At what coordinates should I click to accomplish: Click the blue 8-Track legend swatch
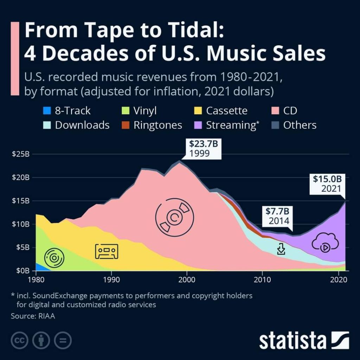pyautogui.click(x=46, y=111)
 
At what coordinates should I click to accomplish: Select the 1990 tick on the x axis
pyautogui.click(x=111, y=277)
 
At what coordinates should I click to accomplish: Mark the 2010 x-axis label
pyautogui.click(x=262, y=277)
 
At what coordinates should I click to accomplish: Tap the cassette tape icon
pyautogui.click(x=107, y=251)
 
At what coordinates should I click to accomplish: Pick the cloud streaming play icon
pyautogui.click(x=325, y=243)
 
